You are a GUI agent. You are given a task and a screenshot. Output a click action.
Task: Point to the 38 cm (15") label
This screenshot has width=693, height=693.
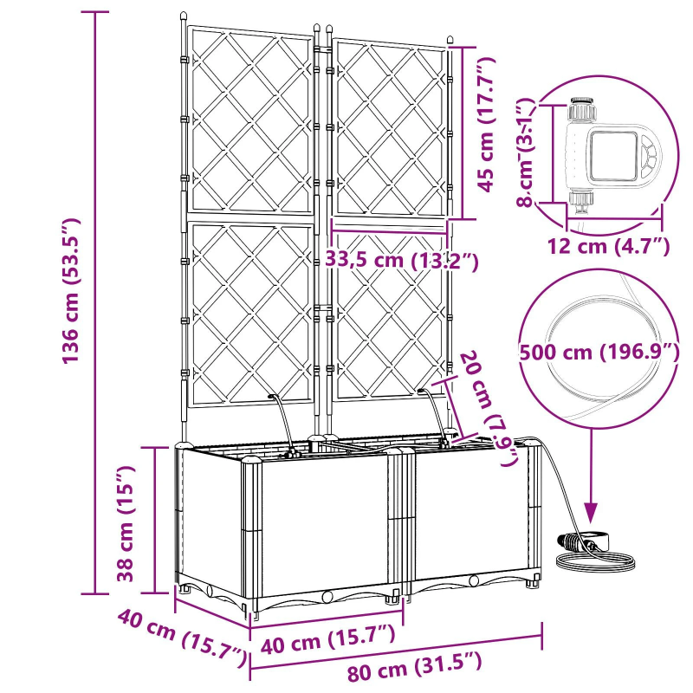tap(126, 522)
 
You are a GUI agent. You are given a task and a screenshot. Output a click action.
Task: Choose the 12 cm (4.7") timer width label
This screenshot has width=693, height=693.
tap(608, 246)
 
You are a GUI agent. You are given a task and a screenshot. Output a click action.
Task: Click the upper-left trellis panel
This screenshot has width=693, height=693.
tap(250, 123)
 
